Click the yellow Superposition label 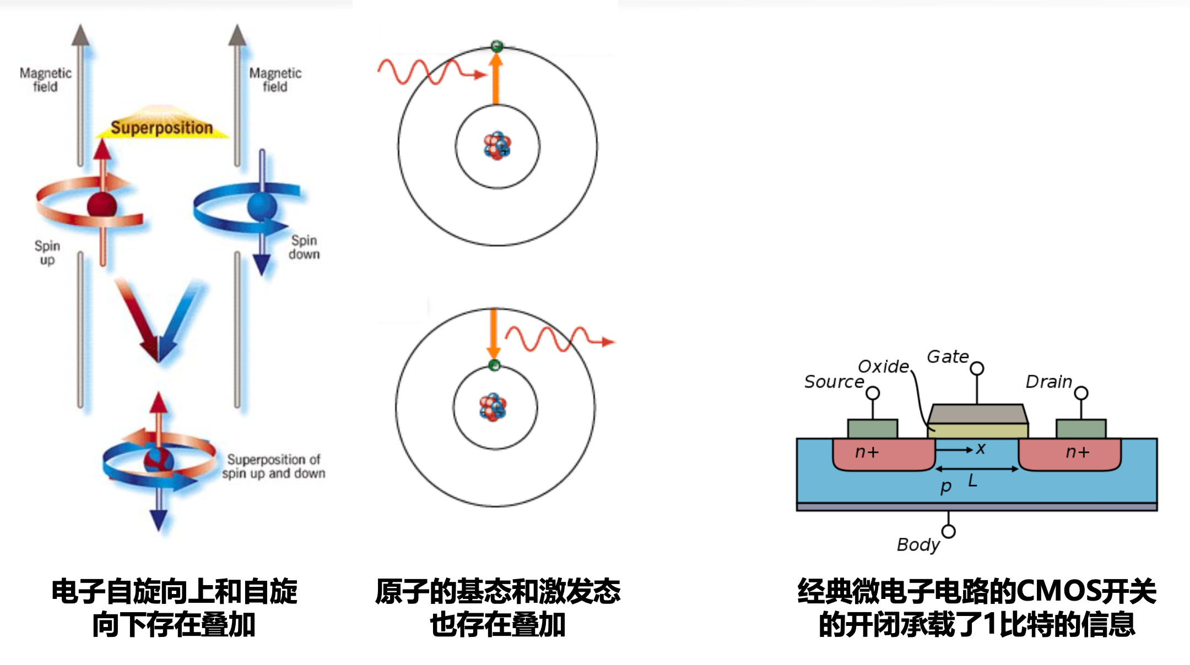tap(161, 127)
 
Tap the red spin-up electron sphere tap(102, 206)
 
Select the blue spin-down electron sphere tap(262, 206)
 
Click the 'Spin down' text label tap(304, 247)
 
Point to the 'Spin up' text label tap(47, 252)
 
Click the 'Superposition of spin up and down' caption tap(274, 466)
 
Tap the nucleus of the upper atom tap(497, 146)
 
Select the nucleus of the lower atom tap(494, 407)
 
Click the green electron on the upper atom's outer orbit tap(496, 46)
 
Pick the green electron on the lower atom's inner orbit tap(495, 365)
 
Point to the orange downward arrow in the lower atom tap(494, 334)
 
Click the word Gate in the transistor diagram tap(948, 357)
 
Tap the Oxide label tap(883, 367)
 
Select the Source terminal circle tap(873, 393)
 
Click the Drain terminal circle tap(1081, 393)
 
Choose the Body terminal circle tap(948, 531)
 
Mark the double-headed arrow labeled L tap(977, 469)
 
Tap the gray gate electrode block tap(977, 414)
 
